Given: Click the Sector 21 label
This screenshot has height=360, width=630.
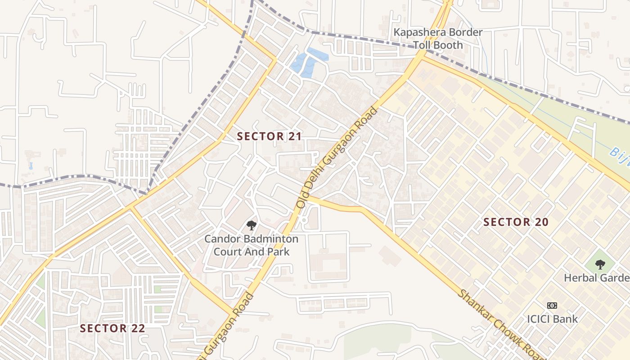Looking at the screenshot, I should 269,136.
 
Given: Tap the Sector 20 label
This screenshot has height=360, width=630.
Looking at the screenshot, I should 516,222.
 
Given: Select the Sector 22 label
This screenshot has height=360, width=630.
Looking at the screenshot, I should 112,328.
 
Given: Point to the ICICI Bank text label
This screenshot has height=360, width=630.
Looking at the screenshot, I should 552,319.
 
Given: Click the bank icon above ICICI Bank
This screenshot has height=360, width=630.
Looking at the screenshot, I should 552,306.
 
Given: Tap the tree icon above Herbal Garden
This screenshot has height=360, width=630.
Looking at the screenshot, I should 599,265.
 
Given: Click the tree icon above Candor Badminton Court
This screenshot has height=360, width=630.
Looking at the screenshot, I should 251,225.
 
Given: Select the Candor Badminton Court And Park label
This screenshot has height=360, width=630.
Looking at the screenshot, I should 251,245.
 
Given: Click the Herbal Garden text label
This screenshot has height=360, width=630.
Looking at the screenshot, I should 596,278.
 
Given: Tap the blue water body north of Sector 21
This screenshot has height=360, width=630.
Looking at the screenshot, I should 307,63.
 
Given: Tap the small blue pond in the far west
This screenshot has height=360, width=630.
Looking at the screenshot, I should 30,166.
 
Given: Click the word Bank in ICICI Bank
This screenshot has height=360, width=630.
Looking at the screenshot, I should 566,319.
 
